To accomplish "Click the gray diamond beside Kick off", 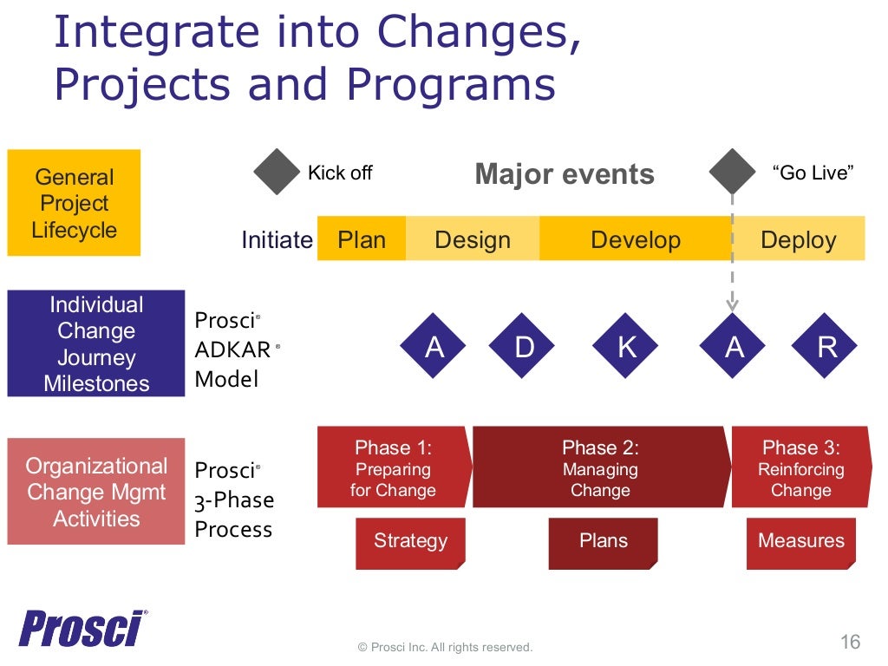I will click(276, 172).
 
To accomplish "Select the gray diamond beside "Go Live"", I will click(732, 172).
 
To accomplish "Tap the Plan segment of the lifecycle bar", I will click(362, 239).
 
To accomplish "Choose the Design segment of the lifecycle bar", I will click(472, 239).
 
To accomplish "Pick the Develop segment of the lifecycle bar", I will click(635, 239).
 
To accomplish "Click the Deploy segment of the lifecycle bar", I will click(799, 239).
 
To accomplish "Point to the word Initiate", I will click(277, 240).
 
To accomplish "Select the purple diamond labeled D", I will click(525, 347).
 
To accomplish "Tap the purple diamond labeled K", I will click(626, 347).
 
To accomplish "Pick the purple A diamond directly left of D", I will click(434, 347).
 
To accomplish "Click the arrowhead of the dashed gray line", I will click(732, 304).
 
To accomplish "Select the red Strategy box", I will click(410, 543).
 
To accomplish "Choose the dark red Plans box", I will click(603, 543).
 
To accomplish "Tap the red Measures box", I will click(800, 543).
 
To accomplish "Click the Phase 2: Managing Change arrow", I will click(600, 468).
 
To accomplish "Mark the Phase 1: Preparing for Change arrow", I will click(394, 468).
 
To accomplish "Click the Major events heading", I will click(565, 174).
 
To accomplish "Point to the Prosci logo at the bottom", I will click(82, 629).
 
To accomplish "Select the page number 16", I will click(850, 642).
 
